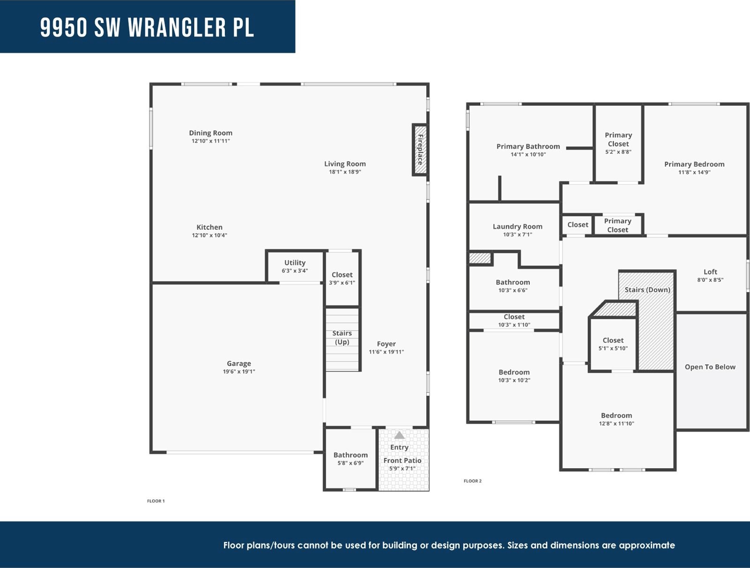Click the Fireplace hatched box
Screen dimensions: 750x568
tap(420, 150)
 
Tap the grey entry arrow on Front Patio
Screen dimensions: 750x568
tap(399, 435)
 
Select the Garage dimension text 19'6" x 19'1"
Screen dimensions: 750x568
tap(239, 372)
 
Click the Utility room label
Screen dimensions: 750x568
tap(295, 263)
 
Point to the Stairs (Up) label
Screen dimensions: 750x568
tap(342, 338)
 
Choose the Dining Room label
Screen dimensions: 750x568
tap(210, 133)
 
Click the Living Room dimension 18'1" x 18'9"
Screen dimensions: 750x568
tap(345, 172)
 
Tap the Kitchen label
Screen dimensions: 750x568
tap(209, 227)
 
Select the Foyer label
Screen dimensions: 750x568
tap(386, 344)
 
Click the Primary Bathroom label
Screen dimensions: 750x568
tap(528, 147)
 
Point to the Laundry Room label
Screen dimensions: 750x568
tap(517, 227)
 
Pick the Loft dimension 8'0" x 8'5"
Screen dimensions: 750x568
tap(710, 280)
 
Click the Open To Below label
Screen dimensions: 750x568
tap(710, 367)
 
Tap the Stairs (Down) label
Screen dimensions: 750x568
tap(647, 290)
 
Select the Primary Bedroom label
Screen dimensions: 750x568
tap(694, 164)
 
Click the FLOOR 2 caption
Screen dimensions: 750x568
tap(473, 481)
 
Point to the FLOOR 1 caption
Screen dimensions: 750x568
tap(156, 501)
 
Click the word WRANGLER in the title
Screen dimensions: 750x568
tap(177, 27)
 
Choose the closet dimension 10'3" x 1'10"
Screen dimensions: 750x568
tap(514, 325)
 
